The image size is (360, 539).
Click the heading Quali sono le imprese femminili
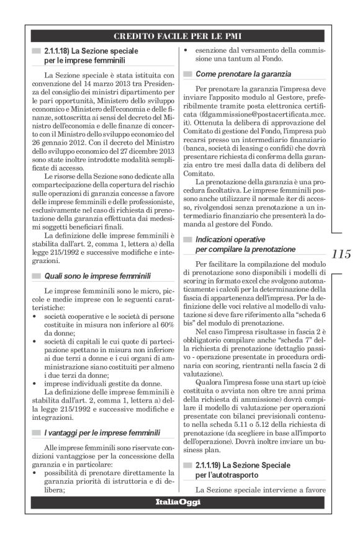click(x=98, y=275)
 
